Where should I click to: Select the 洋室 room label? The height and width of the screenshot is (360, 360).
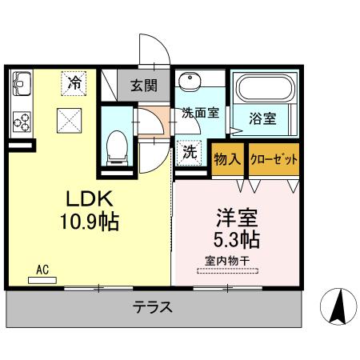(x=235, y=217)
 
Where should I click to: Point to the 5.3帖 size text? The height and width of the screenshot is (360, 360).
(x=235, y=238)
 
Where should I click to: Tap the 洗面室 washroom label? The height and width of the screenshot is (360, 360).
(x=200, y=113)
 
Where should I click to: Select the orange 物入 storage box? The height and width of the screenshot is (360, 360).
(x=229, y=159)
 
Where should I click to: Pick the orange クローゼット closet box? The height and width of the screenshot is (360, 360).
(x=274, y=159)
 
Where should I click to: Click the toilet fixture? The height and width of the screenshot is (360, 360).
(x=117, y=147)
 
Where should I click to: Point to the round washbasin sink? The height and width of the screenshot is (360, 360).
(x=191, y=82)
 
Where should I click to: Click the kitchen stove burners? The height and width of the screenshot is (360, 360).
(x=22, y=122)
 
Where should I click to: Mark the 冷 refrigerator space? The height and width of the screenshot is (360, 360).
(x=74, y=81)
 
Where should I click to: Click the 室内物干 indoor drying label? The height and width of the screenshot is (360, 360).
(x=227, y=261)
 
